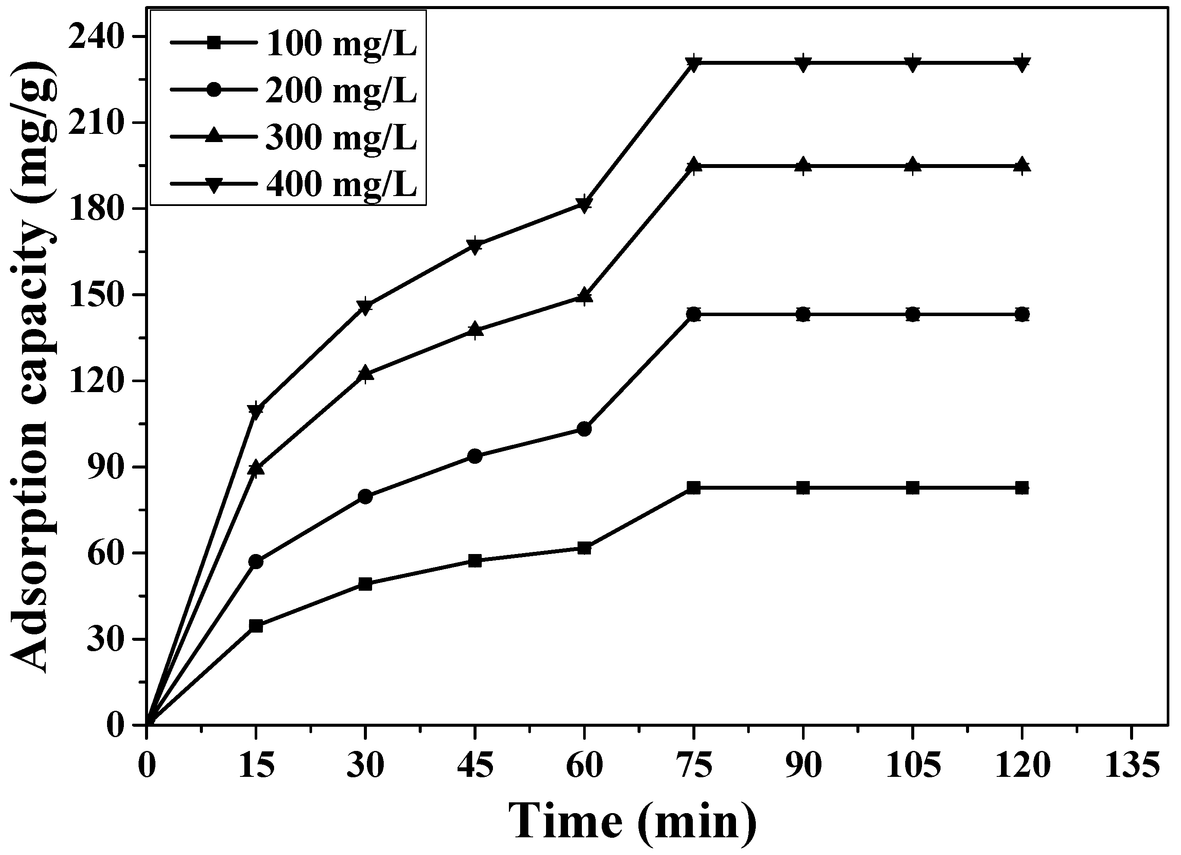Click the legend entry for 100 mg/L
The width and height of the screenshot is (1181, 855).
click(x=341, y=44)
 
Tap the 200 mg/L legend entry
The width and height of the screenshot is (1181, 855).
click(x=341, y=91)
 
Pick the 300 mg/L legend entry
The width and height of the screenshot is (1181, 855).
click(x=341, y=138)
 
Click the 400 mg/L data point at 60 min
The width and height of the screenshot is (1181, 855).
click(x=584, y=204)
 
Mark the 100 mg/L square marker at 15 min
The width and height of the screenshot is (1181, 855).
click(x=256, y=626)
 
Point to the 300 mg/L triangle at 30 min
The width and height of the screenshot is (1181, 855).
click(x=366, y=374)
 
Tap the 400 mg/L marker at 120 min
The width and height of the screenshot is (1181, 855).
click(x=1022, y=63)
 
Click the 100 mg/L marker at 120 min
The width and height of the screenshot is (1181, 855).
click(x=1022, y=488)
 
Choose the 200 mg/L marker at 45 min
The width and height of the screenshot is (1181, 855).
click(x=475, y=456)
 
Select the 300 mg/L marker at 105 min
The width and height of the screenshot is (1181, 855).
click(x=913, y=166)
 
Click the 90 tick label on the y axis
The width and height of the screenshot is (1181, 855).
click(x=108, y=467)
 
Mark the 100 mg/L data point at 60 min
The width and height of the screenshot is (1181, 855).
click(x=584, y=548)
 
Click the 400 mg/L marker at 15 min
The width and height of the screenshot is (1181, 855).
click(x=256, y=410)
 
